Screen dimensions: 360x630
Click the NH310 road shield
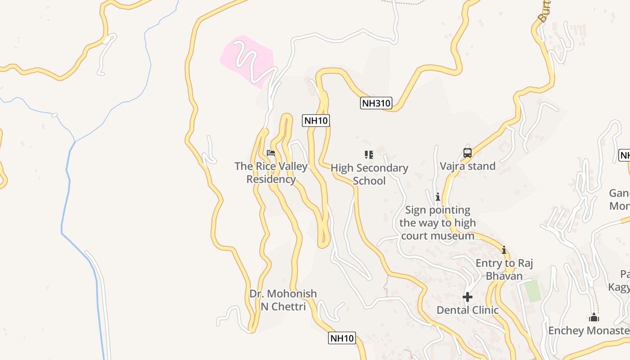(376, 103)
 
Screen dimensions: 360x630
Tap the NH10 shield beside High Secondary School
(316, 121)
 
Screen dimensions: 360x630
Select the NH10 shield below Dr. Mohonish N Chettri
(342, 338)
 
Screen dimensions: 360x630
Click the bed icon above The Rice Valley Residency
(271, 153)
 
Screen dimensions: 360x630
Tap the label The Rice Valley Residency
(271, 173)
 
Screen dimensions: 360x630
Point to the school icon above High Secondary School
(369, 155)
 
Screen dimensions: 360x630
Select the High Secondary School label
(369, 174)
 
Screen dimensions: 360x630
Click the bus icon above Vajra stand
(468, 153)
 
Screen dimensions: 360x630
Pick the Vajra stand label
(468, 166)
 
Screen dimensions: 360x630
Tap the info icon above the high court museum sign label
(437, 197)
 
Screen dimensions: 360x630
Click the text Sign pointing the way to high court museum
(437, 223)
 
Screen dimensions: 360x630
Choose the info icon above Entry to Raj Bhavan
(504, 250)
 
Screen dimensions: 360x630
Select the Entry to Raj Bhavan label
(504, 269)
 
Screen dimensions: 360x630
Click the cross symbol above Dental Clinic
(468, 297)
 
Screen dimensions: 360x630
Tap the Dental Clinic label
(468, 310)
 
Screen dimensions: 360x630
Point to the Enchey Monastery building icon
(594, 318)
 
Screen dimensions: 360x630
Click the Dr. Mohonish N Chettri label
(283, 300)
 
